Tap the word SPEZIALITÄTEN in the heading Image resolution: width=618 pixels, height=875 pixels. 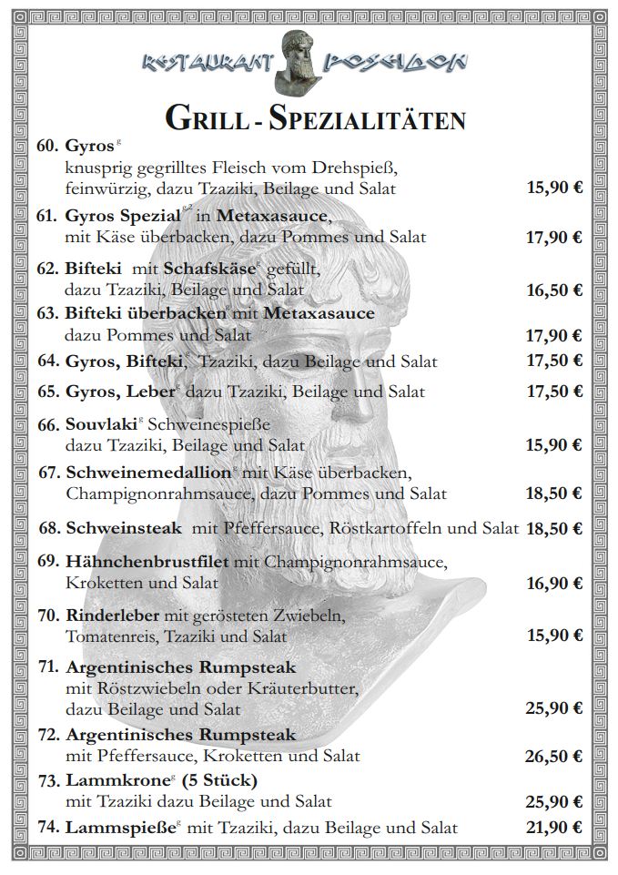tap(382, 118)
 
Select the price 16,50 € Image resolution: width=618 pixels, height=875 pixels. tap(553, 290)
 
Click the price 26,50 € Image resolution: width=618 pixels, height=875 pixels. tap(553, 757)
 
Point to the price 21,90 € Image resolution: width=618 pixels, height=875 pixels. tap(553, 828)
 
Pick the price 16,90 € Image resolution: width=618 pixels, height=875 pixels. tap(553, 583)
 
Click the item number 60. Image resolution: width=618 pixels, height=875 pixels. tap(47, 146)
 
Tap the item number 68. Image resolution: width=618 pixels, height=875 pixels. tap(50, 528)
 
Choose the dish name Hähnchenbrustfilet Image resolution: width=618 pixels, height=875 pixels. tap(147, 562)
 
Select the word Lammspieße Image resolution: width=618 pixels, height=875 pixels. tap(119, 828)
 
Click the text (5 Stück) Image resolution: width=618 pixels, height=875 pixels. tap(219, 780)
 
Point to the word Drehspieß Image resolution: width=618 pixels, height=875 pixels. tap(329, 168)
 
